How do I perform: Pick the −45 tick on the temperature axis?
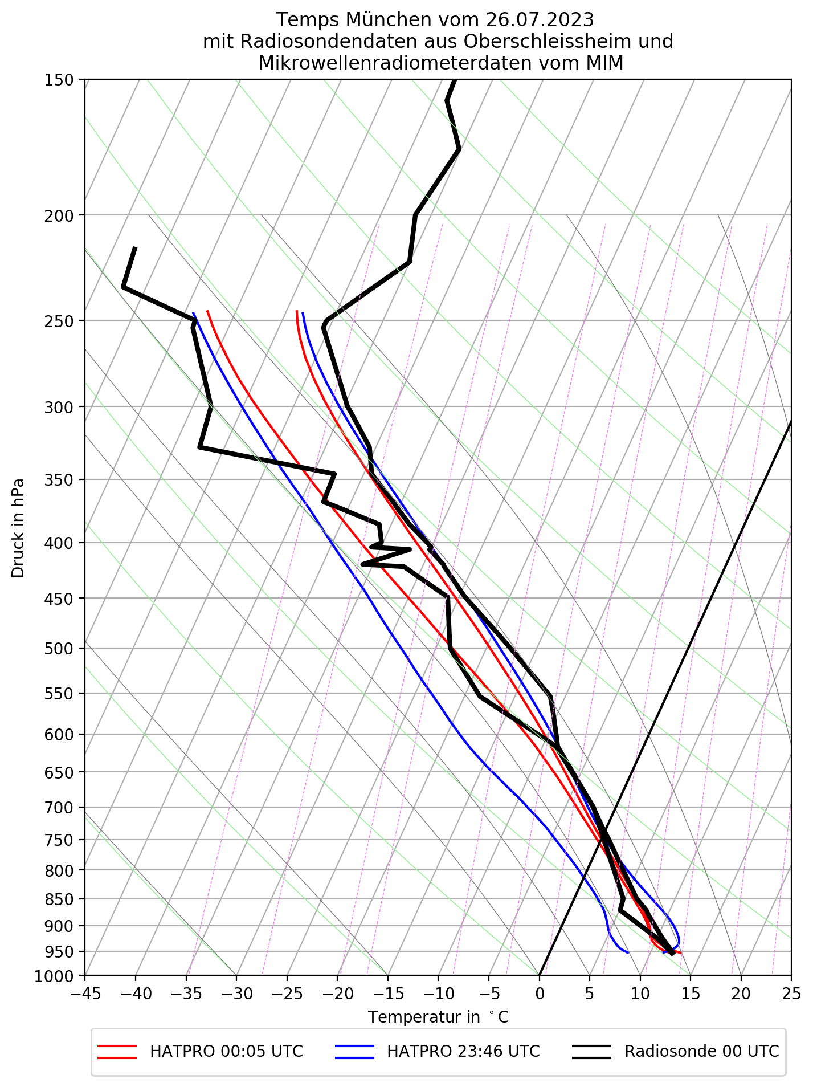pyautogui.click(x=85, y=995)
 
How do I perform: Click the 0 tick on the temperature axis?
pyautogui.click(x=539, y=995)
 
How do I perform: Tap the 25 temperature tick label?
pyautogui.click(x=791, y=995)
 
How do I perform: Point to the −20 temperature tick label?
pyautogui.click(x=337, y=995)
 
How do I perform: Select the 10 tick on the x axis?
pyautogui.click(x=640, y=995)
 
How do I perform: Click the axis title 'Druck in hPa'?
pyautogui.click(x=18, y=527)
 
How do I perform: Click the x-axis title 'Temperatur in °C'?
pyautogui.click(x=438, y=1017)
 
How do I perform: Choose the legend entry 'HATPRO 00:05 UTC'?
pyautogui.click(x=226, y=1051)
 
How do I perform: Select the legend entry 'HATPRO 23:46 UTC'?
pyautogui.click(x=463, y=1051)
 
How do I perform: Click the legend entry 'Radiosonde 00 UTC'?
pyautogui.click(x=701, y=1051)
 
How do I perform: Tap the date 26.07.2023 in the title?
pyautogui.click(x=540, y=20)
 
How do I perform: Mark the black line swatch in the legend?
pyautogui.click(x=591, y=1052)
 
